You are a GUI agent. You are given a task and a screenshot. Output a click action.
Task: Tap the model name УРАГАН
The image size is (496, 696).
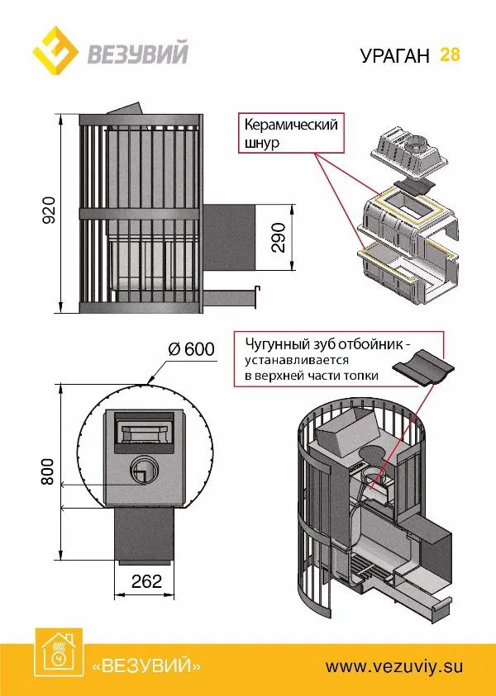pyautogui.click(x=395, y=56)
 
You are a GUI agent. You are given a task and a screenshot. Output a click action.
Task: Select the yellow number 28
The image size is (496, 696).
pyautogui.click(x=451, y=54)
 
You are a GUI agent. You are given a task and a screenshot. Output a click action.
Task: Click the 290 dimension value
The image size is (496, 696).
pyautogui.click(x=279, y=237)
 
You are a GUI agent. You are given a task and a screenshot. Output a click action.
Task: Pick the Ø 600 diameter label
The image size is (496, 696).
pyautogui.click(x=191, y=349)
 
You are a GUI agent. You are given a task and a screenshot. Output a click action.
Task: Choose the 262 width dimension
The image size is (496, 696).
pyautogui.click(x=146, y=581)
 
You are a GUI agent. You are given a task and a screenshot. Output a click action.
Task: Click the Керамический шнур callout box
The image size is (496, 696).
pyautogui.click(x=291, y=134)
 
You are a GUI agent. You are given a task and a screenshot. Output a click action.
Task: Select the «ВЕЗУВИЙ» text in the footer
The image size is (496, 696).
pyautogui.click(x=146, y=665)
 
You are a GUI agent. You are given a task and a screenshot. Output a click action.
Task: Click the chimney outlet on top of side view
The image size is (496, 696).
pyautogui.click(x=124, y=111)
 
